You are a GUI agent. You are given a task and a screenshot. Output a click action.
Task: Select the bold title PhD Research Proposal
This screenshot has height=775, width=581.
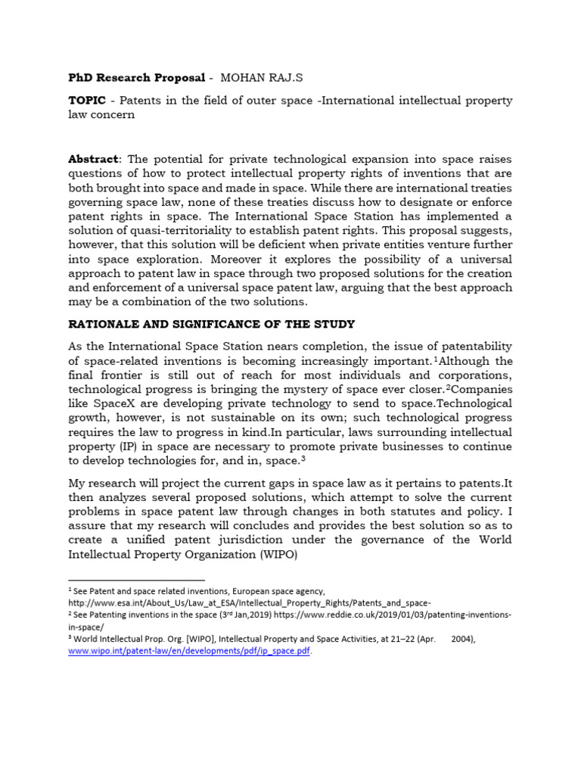[x=137, y=78]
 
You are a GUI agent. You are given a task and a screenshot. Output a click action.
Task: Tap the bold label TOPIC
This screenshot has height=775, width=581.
[x=87, y=101]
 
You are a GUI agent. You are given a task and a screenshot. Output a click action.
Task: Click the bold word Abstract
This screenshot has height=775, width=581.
[x=94, y=159]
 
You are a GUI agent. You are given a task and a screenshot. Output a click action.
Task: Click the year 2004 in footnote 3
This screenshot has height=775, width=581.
[x=462, y=639]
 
